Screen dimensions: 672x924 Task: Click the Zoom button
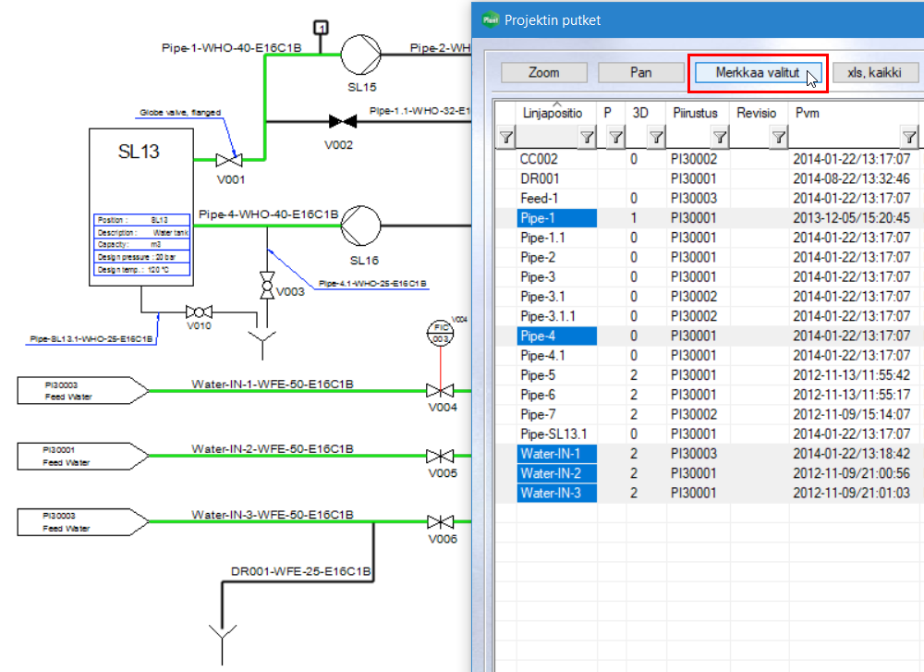[x=544, y=72]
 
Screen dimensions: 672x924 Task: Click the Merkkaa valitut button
[x=757, y=72]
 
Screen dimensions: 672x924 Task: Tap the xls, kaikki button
[x=875, y=72]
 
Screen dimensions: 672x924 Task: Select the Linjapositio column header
[x=553, y=112]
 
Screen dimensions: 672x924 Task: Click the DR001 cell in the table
[x=540, y=178]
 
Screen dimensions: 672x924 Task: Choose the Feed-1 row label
[x=540, y=199]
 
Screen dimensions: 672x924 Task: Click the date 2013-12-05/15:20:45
[x=851, y=218]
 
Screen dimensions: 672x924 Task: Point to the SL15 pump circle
[x=361, y=55]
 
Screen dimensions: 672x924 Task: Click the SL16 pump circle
[x=361, y=225]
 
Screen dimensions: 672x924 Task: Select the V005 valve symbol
[x=440, y=457]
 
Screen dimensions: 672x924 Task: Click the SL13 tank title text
[x=139, y=152]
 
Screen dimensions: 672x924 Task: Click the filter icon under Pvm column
[x=909, y=138]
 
